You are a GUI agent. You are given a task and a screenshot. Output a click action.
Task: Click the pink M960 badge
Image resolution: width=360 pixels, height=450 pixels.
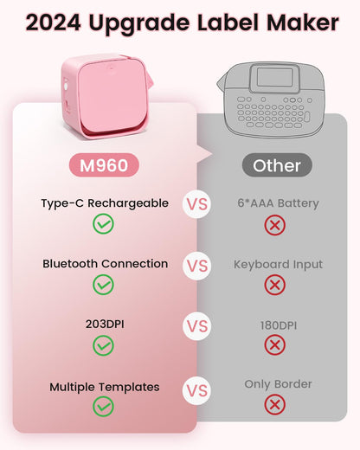click(104, 164)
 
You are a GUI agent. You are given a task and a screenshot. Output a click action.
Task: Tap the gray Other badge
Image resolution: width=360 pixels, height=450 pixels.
click(277, 164)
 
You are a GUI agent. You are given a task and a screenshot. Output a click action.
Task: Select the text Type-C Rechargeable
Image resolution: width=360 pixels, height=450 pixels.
click(104, 203)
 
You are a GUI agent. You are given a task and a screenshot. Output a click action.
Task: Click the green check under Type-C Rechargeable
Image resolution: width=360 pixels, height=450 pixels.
click(104, 225)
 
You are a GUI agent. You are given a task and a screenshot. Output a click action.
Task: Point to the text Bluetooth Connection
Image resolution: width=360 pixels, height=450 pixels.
click(105, 263)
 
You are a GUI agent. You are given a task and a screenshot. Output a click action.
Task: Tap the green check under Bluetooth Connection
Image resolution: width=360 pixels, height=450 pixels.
click(104, 285)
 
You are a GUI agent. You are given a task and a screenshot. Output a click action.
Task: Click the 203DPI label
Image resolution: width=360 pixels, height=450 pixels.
click(104, 325)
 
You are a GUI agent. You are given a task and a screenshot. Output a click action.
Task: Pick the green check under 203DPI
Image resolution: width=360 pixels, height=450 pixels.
click(104, 345)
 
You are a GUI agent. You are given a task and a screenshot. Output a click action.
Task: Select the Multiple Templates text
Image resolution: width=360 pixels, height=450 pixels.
click(104, 386)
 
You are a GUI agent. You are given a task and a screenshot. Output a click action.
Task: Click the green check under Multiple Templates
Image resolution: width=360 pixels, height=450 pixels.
click(104, 406)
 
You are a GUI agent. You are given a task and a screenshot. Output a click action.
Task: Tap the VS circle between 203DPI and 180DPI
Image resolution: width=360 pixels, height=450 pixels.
click(197, 327)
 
